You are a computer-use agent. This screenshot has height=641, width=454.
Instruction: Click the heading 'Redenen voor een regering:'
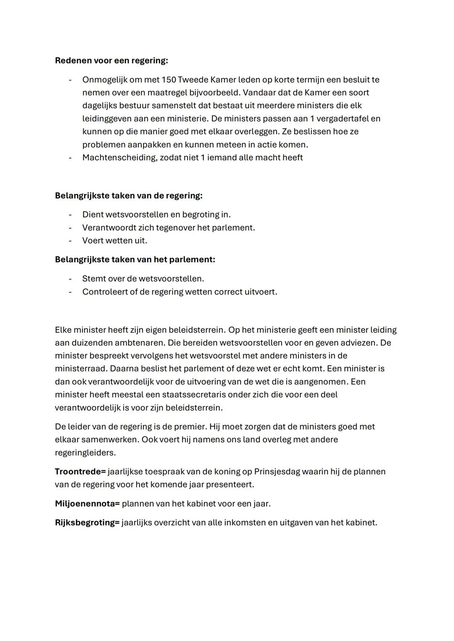pos(111,60)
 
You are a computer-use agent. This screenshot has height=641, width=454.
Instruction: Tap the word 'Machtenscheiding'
pos(119,157)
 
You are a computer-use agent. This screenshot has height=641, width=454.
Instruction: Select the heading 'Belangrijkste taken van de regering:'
pos(129,196)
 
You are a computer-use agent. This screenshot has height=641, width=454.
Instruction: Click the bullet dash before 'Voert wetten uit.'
pos(71,241)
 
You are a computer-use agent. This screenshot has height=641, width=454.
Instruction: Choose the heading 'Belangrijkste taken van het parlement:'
pos(135,259)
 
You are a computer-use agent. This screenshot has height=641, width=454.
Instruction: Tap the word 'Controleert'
pos(105,291)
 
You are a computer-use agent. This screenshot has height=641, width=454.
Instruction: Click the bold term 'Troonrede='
pos(80,471)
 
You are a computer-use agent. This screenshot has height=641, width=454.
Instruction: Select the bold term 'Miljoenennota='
pos(87,503)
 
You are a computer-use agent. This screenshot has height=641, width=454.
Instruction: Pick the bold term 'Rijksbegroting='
pos(87,523)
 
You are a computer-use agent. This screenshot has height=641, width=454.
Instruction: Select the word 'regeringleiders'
pos(85,453)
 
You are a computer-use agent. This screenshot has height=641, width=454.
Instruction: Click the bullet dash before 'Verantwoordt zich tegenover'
pos(71,228)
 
